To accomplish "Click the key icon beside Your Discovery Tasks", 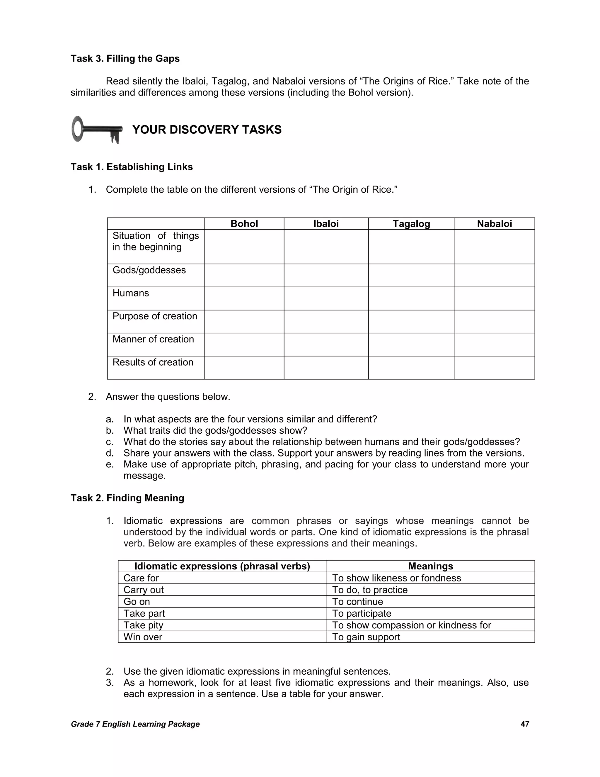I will [97, 130].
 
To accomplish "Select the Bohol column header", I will [244, 224].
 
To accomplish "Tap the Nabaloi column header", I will [495, 224].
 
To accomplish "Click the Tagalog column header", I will [411, 224].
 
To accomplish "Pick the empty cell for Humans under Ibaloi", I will [326, 298].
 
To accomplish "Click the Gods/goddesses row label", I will [149, 270].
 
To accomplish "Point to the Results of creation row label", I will [153, 362].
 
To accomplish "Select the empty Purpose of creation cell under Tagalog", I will [411, 322].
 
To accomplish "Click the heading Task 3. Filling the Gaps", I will [125, 59].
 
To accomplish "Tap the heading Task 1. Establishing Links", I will [132, 167].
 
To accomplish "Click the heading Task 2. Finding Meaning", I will [127, 498].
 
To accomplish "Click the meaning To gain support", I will [366, 637].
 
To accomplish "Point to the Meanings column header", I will [430, 566].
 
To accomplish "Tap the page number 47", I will [525, 724].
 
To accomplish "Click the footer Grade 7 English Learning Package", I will [135, 724].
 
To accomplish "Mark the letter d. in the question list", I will [110, 453].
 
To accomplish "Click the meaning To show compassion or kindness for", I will [411, 625].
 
